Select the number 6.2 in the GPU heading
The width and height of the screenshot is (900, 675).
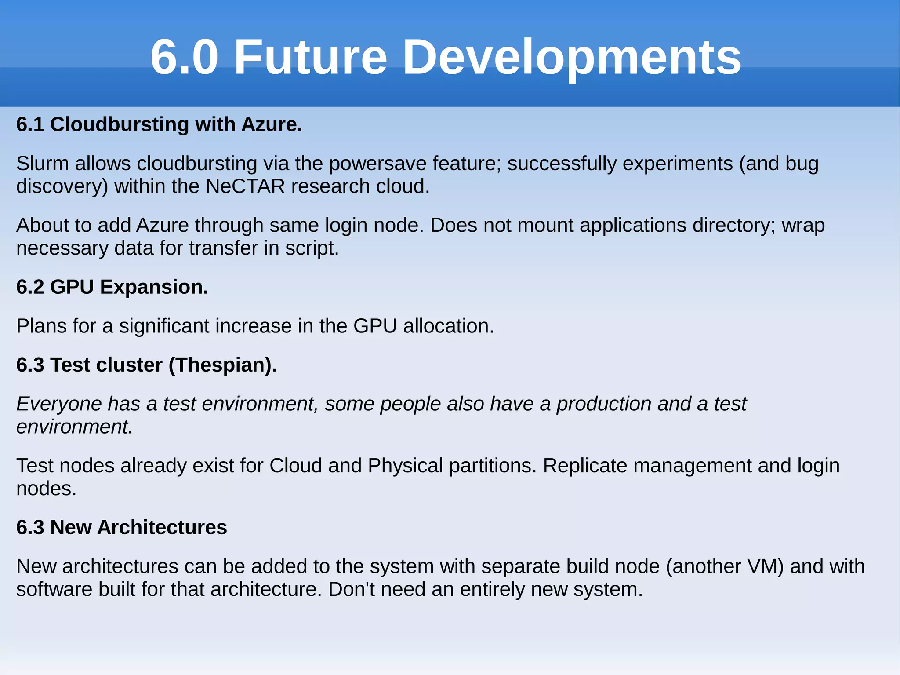pyautogui.click(x=30, y=287)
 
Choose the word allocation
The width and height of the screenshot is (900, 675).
pyautogui.click(x=448, y=326)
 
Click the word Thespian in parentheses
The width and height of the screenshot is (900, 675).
pyautogui.click(x=222, y=365)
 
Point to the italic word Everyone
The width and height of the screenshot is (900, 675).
pyautogui.click(x=59, y=404)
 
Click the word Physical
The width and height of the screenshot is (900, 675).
pyautogui.click(x=405, y=466)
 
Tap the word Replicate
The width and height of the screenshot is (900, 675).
pyautogui.click(x=585, y=466)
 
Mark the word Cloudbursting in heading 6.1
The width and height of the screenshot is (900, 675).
pyautogui.click(x=120, y=124)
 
